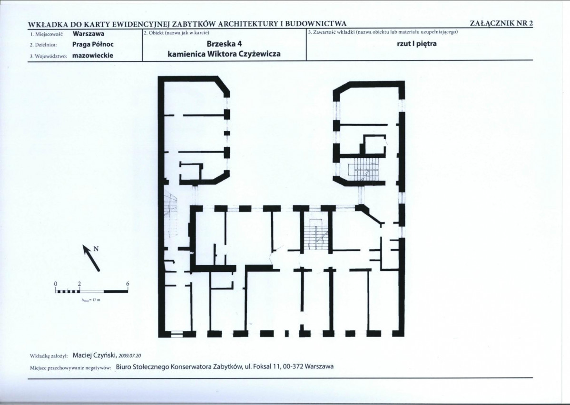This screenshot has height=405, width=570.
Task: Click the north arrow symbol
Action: (x=91, y=258)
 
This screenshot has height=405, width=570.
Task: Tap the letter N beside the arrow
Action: (x=96, y=249)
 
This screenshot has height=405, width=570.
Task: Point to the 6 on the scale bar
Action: (x=128, y=283)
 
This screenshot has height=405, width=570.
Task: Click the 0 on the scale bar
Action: (x=56, y=283)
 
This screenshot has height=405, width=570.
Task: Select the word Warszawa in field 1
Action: (x=88, y=34)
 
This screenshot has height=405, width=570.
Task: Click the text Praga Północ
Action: (x=93, y=44)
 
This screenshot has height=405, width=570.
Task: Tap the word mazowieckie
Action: (x=93, y=56)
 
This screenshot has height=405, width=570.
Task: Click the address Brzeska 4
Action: (x=224, y=44)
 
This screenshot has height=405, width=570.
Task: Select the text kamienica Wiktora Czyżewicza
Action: (x=224, y=54)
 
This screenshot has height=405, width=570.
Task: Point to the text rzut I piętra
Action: (x=417, y=44)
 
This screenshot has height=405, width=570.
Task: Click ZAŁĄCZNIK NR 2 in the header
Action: (x=501, y=23)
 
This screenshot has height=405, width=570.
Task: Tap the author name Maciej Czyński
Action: (x=94, y=355)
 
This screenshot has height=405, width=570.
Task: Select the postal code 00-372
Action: (x=292, y=366)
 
